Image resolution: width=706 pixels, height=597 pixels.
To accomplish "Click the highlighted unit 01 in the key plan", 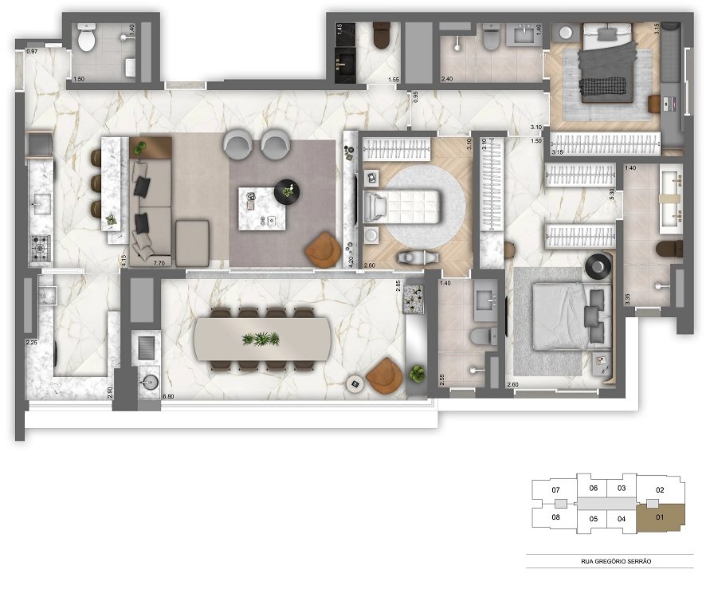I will pyautogui.click(x=661, y=517).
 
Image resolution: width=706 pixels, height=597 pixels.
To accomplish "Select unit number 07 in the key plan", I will pyautogui.click(x=556, y=489).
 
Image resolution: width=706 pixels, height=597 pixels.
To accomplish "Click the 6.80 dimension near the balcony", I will pyautogui.click(x=168, y=396).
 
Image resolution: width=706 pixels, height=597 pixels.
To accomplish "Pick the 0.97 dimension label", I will pyautogui.click(x=32, y=52).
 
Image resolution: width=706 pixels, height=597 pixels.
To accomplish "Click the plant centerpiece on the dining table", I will pyautogui.click(x=261, y=340).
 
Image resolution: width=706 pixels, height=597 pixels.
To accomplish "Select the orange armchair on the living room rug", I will pyautogui.click(x=323, y=249).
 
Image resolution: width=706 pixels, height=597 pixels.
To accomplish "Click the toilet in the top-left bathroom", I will pyautogui.click(x=86, y=36).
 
